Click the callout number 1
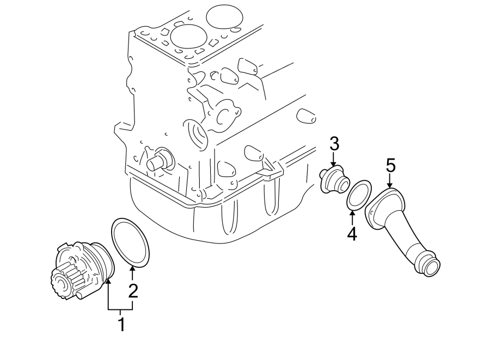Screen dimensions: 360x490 [x=121, y=325]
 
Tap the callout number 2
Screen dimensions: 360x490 [x=132, y=291]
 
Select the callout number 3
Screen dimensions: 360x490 [x=334, y=144]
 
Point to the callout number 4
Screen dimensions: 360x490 [x=352, y=234]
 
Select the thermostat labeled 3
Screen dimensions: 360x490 [x=333, y=181]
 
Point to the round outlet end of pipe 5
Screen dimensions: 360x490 [x=432, y=268]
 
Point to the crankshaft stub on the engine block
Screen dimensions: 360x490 [x=157, y=162]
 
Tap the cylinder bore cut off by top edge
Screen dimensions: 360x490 [x=225, y=15]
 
